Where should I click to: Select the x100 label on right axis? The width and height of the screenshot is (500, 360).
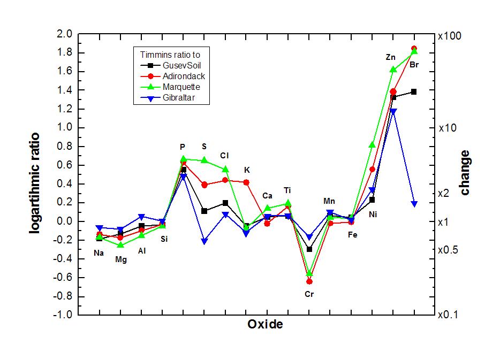450,36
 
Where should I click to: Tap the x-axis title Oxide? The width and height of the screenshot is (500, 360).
265,324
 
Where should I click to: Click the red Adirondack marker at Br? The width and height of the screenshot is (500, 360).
414,49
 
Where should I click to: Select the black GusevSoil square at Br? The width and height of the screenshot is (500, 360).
414,92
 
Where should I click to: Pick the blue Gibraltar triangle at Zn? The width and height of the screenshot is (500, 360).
393,112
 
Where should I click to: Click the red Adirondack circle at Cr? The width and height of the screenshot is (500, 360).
309,281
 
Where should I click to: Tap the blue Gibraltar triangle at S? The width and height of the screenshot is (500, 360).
204,241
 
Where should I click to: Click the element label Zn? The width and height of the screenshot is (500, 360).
391,57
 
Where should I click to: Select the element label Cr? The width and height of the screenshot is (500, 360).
309,294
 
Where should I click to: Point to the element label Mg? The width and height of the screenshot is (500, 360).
121,260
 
